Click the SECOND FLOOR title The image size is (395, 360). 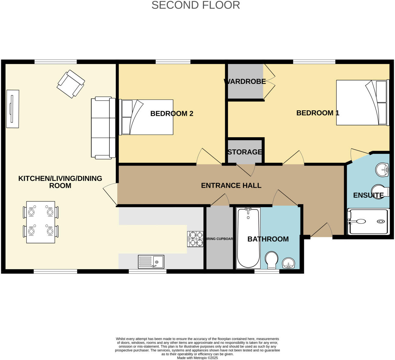[196, 5]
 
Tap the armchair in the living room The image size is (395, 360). [71, 84]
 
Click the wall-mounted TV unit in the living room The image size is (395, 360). [12, 109]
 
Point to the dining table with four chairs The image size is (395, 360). [41, 222]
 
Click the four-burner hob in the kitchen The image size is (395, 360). [195, 239]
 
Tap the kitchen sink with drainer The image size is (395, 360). [151, 262]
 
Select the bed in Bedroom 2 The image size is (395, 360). [147, 117]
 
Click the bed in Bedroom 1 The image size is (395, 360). [362, 102]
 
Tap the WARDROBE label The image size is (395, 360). [245, 82]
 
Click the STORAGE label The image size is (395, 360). [245, 152]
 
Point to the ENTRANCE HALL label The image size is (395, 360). [231, 185]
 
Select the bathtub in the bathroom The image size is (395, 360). [248, 238]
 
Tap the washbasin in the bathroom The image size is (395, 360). [288, 263]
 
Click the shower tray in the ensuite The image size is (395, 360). [368, 222]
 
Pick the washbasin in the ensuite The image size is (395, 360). [382, 170]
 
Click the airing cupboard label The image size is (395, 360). [220, 239]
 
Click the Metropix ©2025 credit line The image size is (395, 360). [197, 358]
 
